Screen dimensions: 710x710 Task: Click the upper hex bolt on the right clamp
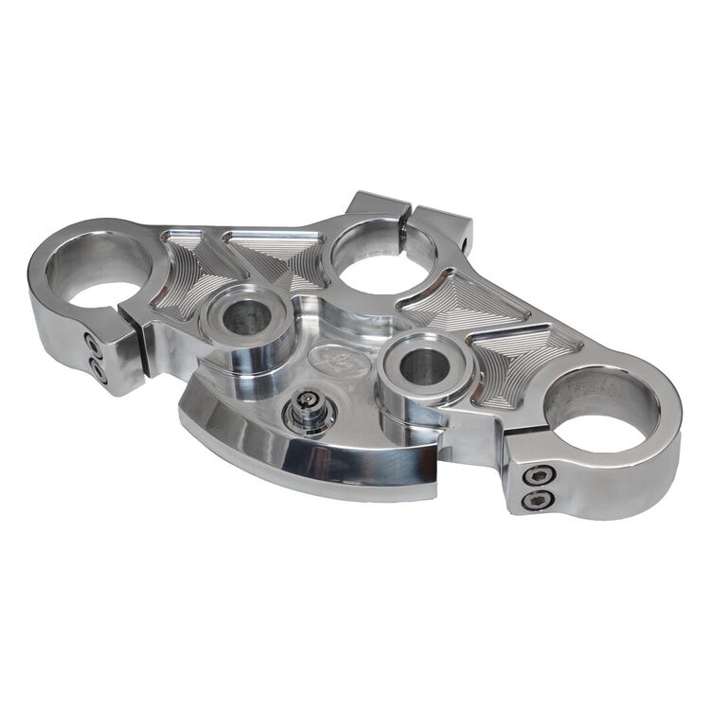coord(537,474)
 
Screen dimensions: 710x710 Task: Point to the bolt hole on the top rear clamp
coord(466,244)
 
